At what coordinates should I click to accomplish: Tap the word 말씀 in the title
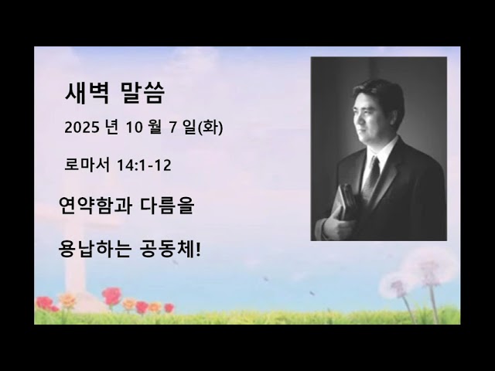pos(142,94)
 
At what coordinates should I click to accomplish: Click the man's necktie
pos(373,175)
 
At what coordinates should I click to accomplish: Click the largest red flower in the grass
pos(112,295)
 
